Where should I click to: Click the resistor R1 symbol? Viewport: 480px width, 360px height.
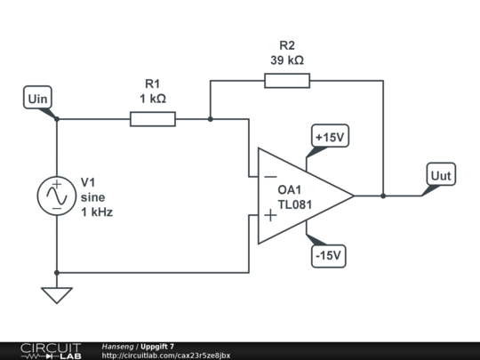[153, 119]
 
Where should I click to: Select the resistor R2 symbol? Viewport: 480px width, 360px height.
[287, 81]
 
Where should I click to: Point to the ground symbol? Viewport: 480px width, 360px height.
[57, 294]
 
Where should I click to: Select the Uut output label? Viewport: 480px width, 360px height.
[441, 175]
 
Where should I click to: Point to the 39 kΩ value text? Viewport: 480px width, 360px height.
[287, 60]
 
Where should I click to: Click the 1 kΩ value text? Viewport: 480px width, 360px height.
[153, 99]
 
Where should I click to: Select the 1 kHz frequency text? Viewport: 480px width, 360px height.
[97, 213]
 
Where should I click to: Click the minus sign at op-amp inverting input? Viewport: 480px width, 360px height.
[269, 175]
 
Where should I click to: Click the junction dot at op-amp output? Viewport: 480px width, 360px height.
[383, 196]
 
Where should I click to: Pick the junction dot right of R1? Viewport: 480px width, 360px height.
[210, 119]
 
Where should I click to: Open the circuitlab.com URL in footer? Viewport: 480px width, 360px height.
[166, 356]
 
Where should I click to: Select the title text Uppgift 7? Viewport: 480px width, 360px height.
[157, 346]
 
